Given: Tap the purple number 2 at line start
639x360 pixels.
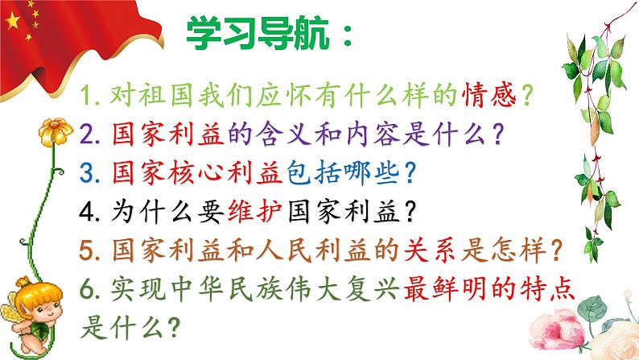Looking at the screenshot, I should [x=90, y=134].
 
